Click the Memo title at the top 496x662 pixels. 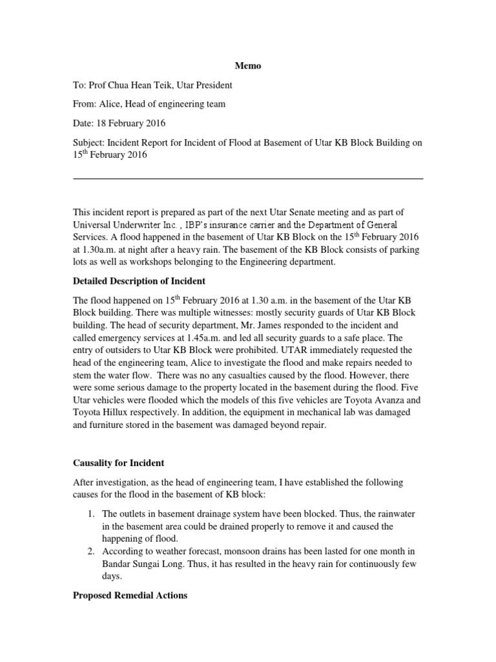(248, 67)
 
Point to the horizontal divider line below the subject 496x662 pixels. (248, 179)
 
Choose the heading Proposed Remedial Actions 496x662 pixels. (130, 595)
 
